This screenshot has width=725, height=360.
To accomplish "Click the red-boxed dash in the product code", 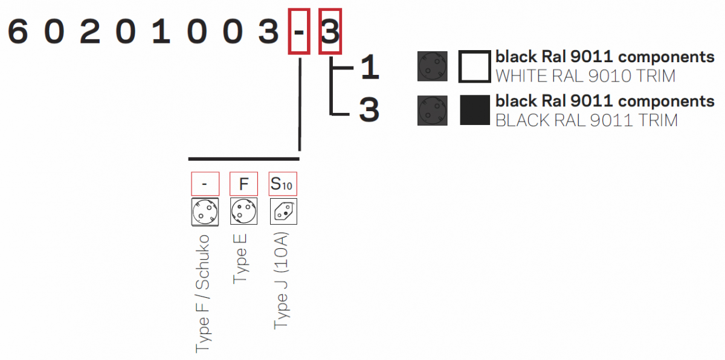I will (x=299, y=31).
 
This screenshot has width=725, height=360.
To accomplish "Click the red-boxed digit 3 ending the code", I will (x=330, y=31).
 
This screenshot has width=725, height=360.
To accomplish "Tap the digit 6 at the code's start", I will (x=18, y=31).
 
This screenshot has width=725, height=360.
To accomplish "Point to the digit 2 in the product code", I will (x=89, y=31).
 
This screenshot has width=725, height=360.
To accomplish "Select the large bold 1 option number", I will (x=369, y=68).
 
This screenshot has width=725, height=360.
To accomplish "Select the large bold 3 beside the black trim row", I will (x=369, y=110).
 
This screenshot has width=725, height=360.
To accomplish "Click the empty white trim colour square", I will (x=474, y=66).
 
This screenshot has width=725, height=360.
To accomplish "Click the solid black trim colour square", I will (x=474, y=110).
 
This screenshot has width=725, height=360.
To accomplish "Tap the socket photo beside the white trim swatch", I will (x=433, y=66).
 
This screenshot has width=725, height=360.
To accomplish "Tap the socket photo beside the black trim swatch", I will (x=433, y=111).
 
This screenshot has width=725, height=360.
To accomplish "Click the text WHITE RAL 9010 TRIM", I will (x=585, y=76).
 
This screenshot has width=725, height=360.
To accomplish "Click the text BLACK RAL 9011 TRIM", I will (x=586, y=120).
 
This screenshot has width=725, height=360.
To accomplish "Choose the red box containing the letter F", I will (x=243, y=184).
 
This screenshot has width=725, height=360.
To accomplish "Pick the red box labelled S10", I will (x=282, y=184).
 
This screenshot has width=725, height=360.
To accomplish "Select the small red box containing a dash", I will (x=205, y=184).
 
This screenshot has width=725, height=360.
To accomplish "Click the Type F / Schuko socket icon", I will (x=205, y=211).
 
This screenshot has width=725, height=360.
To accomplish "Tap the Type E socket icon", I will (x=243, y=211).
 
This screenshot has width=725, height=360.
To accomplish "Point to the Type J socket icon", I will (x=283, y=211).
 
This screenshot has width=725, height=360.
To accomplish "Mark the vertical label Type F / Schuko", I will (x=204, y=292).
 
